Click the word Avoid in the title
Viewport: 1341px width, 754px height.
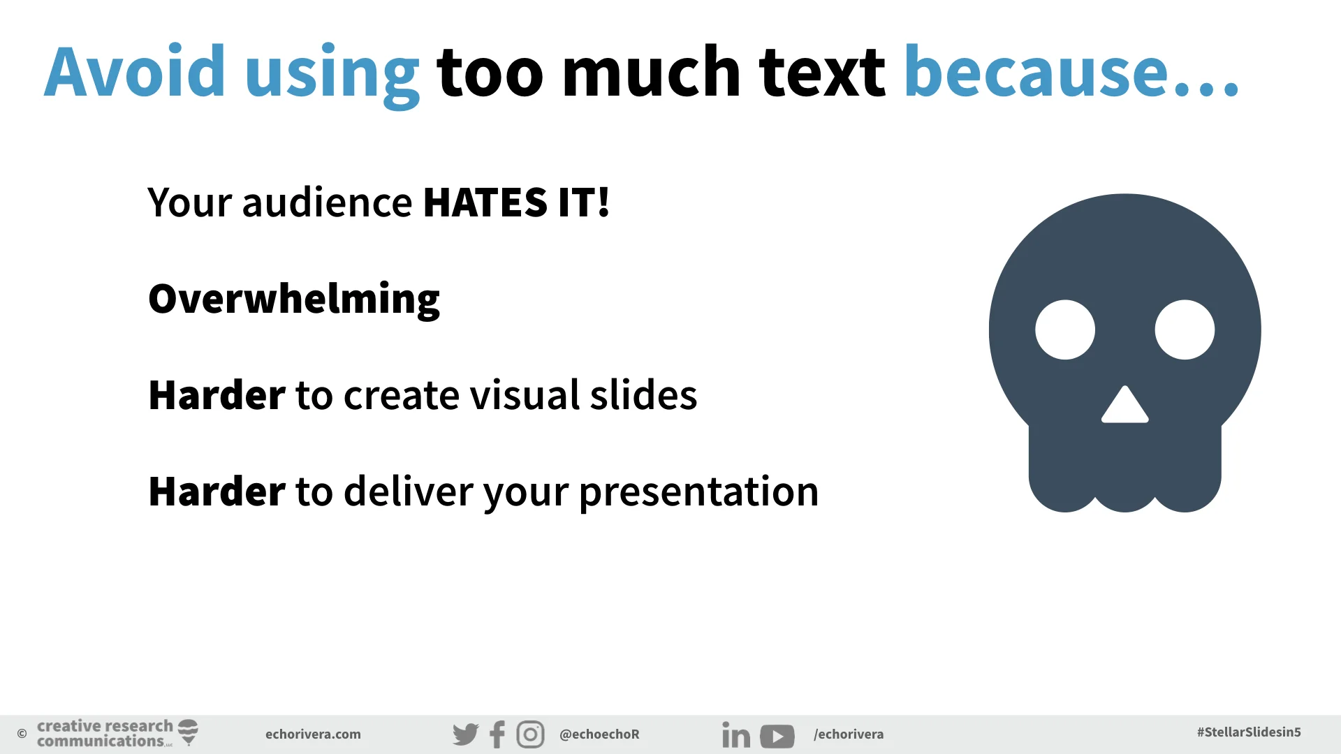pyautogui.click(x=135, y=72)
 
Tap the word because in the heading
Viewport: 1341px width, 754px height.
pyautogui.click(x=1036, y=72)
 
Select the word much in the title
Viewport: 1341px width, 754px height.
pyautogui.click(x=651, y=72)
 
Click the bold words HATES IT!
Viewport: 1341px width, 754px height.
pyautogui.click(x=517, y=203)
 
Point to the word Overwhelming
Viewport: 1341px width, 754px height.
pyautogui.click(x=294, y=300)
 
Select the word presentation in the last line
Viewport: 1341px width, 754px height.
pyautogui.click(x=698, y=491)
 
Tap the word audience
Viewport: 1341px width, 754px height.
pyautogui.click(x=327, y=203)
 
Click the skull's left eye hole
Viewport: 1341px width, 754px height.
pyautogui.click(x=1065, y=330)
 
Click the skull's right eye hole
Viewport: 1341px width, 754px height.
pyautogui.click(x=1185, y=330)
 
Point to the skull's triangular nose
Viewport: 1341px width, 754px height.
pyautogui.click(x=1124, y=407)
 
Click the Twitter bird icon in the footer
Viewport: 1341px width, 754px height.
pyautogui.click(x=465, y=734)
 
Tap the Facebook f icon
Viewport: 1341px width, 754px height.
pyautogui.click(x=497, y=734)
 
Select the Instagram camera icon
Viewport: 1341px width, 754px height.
pyautogui.click(x=530, y=734)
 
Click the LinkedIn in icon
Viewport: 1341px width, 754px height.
pyautogui.click(x=735, y=735)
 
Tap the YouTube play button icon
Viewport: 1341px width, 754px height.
pyautogui.click(x=777, y=736)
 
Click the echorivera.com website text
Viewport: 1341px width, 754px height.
pyautogui.click(x=313, y=734)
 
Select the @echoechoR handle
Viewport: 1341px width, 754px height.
pyautogui.click(x=599, y=734)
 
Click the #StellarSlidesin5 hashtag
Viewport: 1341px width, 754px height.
pyautogui.click(x=1249, y=732)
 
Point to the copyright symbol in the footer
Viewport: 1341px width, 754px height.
pyautogui.click(x=22, y=734)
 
